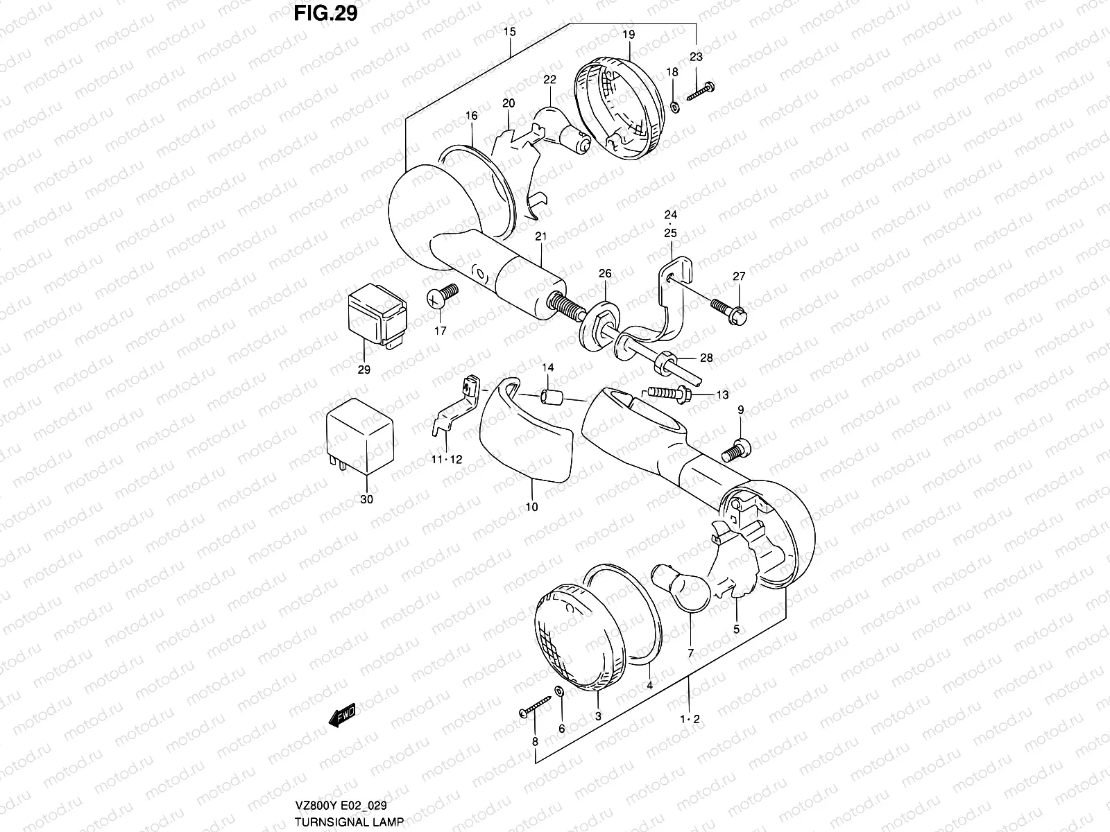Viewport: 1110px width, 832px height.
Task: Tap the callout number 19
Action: [x=629, y=34]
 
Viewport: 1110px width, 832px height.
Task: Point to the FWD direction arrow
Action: [x=342, y=714]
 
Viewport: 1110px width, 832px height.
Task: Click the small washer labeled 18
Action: [x=674, y=107]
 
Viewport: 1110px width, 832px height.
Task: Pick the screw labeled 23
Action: [x=700, y=91]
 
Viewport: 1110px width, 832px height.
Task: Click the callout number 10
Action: [x=531, y=507]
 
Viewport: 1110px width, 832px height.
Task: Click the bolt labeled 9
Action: [x=735, y=449]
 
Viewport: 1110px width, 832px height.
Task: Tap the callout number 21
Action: [x=540, y=236]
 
